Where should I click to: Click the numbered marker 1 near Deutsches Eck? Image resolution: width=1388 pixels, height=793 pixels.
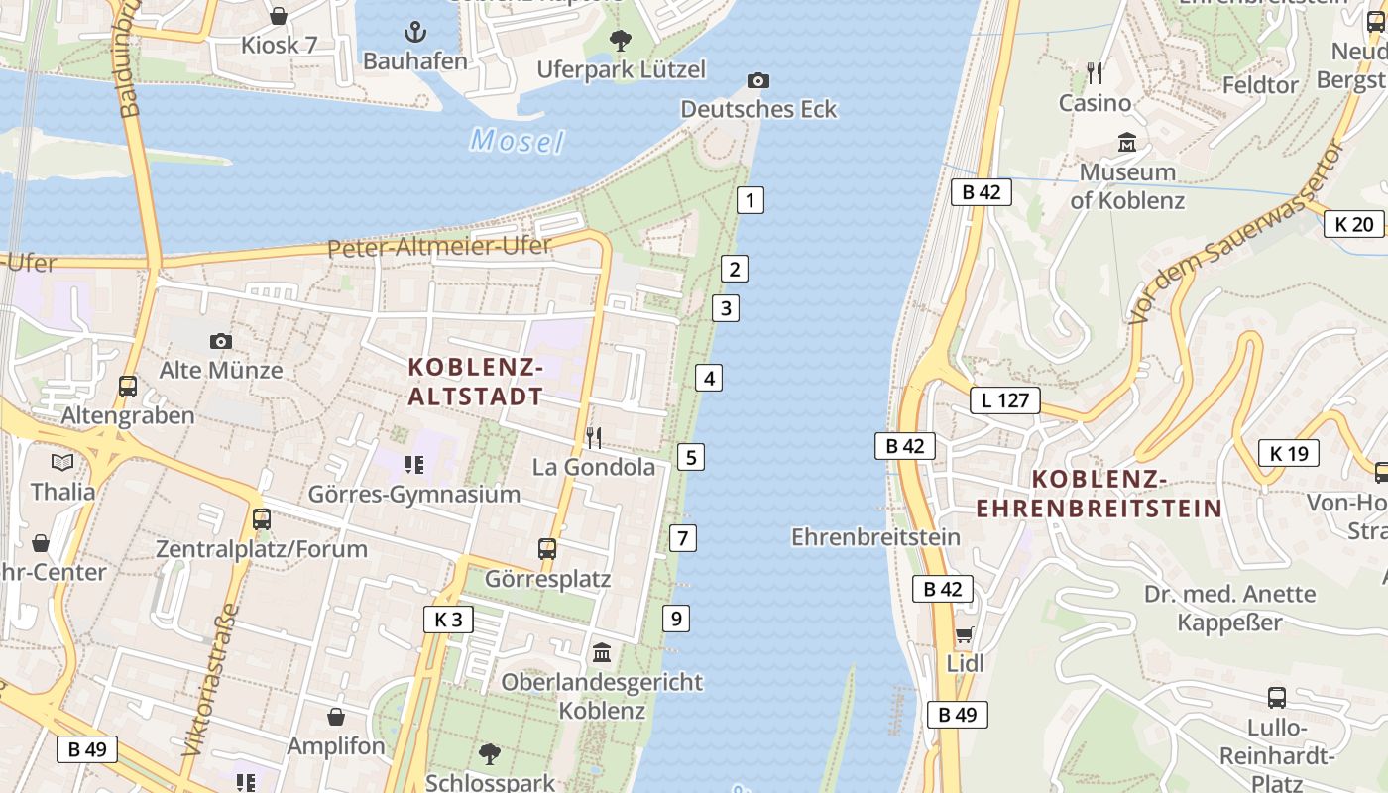click(x=751, y=200)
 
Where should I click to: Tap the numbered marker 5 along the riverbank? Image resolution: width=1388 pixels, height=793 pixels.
click(x=690, y=457)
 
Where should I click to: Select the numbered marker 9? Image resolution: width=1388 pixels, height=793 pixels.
click(x=676, y=619)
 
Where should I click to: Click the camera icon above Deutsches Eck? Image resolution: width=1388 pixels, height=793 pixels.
click(x=758, y=80)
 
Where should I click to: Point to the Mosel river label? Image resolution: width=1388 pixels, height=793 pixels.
click(x=517, y=141)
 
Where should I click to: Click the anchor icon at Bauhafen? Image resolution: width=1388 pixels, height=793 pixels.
click(x=415, y=32)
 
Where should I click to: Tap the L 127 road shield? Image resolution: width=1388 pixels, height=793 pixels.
click(x=1005, y=400)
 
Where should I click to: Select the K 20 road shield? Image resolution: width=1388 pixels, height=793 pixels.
click(x=1353, y=224)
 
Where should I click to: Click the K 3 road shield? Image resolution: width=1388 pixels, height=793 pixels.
click(x=448, y=620)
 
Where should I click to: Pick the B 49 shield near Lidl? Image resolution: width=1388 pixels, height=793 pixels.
click(x=957, y=714)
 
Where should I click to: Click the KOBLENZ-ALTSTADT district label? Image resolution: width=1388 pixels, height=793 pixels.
click(x=476, y=382)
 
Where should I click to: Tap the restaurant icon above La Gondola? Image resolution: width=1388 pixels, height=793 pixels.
click(x=594, y=437)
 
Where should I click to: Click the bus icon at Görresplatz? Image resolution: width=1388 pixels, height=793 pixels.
click(x=547, y=548)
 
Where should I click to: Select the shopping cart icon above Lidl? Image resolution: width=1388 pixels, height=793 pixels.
click(x=964, y=634)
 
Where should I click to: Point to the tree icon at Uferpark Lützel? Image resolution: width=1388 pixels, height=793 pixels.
click(x=621, y=41)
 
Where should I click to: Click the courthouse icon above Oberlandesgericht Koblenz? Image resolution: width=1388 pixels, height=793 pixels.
click(x=602, y=653)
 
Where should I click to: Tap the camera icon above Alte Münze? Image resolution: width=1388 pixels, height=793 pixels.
click(x=221, y=341)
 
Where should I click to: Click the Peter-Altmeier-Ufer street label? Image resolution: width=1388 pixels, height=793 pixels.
click(x=439, y=246)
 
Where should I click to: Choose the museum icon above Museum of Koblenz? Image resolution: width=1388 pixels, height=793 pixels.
click(x=1126, y=143)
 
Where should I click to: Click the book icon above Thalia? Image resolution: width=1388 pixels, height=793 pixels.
click(x=62, y=462)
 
